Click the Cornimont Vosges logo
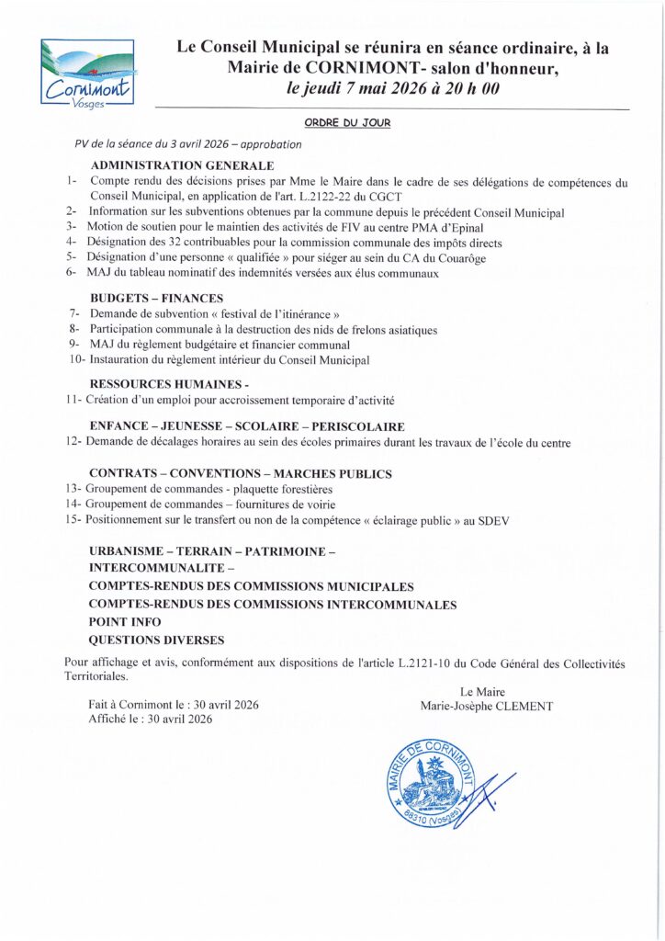coord(88,74)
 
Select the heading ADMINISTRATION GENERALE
coord(182,165)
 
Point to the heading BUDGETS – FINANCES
coord(156,298)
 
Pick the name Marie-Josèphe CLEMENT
coord(487,706)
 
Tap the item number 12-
coord(74,442)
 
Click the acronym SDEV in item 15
coord(494,520)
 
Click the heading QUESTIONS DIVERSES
coord(156,640)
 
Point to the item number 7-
coord(76,313)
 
